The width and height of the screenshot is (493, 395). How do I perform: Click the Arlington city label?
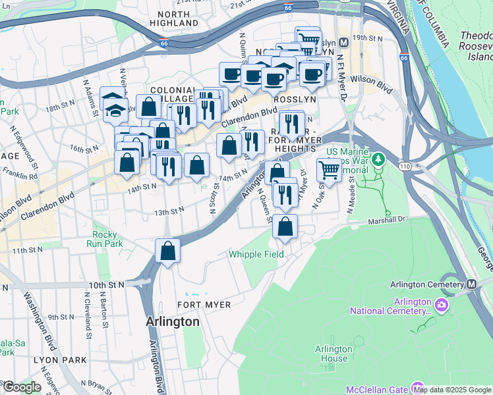(172, 322)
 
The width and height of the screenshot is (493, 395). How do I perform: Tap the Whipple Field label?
(256, 254)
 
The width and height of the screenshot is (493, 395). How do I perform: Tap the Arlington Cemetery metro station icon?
(472, 284)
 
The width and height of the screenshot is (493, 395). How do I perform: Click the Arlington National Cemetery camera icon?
(441, 305)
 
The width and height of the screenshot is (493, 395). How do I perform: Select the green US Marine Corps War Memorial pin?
(378, 159)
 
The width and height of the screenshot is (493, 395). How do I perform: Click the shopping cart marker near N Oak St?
(329, 170)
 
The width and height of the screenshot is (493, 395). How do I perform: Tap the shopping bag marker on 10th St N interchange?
(168, 250)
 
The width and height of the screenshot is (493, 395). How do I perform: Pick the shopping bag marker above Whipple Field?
(285, 226)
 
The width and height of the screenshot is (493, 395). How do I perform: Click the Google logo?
(22, 387)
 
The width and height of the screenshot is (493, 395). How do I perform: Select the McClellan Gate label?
(378, 388)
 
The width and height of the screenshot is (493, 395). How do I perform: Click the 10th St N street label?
(107, 285)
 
